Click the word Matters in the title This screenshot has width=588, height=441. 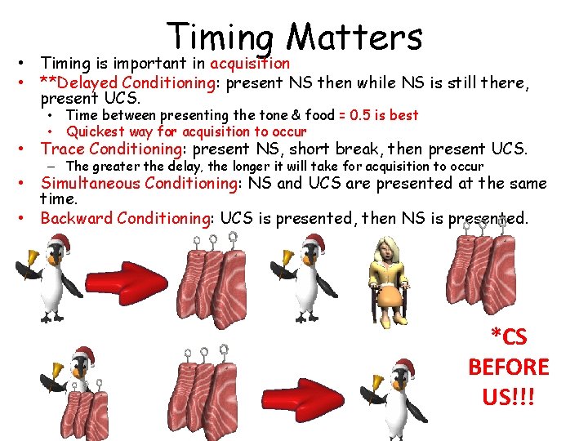[x=355, y=36]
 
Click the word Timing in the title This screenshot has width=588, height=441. [x=220, y=38]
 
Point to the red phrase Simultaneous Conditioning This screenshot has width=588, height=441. [x=138, y=182]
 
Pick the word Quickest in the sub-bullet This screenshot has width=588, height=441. [x=96, y=131]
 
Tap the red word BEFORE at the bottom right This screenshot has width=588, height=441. [x=509, y=367]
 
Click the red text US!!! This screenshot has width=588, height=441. [x=509, y=398]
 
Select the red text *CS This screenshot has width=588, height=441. [x=509, y=336]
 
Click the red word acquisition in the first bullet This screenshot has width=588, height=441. [x=250, y=63]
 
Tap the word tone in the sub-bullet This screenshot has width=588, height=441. [x=230, y=115]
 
